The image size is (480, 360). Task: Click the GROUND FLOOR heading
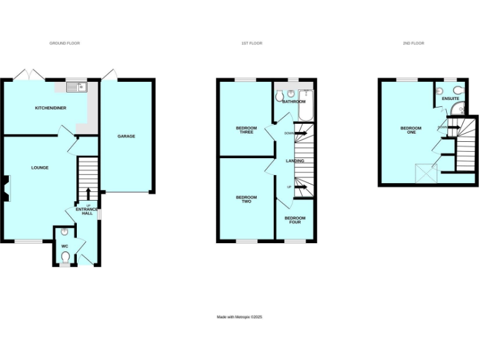point(65,43)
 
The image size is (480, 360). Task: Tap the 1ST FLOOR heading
point(251,43)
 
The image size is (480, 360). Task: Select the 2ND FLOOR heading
point(413,43)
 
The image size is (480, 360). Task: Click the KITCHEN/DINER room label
point(51,108)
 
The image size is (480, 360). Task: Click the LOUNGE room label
point(40,167)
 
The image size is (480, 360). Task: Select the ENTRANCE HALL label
point(87,211)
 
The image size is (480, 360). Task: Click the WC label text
point(64,246)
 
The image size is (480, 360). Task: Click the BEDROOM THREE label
point(246,130)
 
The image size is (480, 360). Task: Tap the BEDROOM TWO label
point(246,199)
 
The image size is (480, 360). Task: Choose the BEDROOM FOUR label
point(294,219)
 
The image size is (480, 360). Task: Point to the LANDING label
point(295,161)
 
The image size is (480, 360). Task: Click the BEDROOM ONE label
point(411,130)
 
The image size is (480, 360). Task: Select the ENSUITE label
point(450,99)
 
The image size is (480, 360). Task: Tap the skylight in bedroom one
point(426,171)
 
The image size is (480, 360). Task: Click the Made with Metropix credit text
point(239,317)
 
